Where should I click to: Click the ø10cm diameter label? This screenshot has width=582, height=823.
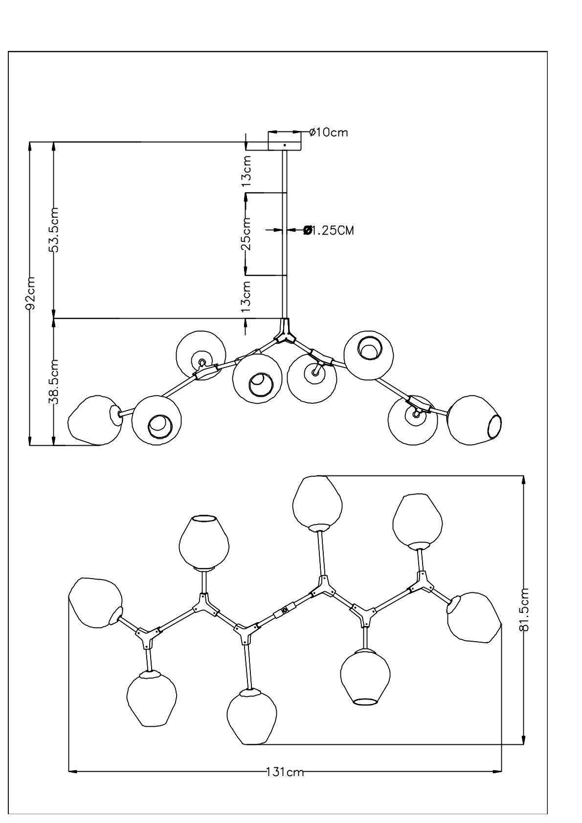[x=329, y=132]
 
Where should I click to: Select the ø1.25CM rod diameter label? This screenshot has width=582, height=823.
[x=328, y=230]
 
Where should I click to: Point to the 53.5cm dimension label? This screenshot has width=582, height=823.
[x=54, y=230]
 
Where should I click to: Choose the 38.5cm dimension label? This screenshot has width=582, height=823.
[x=54, y=382]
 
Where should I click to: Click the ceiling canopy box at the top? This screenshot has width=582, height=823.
[x=285, y=141]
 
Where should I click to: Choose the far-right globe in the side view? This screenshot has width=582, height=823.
[x=474, y=420]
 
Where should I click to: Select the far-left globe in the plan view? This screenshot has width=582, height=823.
[x=95, y=603]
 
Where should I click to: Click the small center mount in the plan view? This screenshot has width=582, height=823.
[x=285, y=610]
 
